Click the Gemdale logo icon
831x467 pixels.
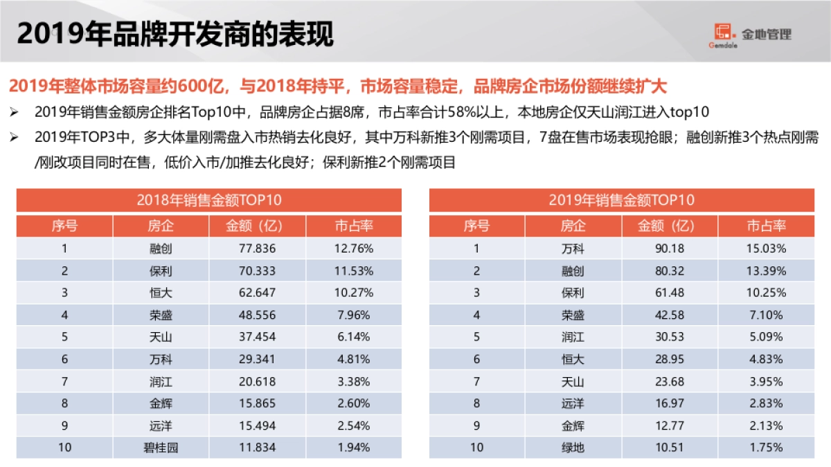pos(723,33)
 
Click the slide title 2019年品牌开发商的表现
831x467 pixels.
pos(175,33)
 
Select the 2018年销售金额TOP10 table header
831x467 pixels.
pos(209,201)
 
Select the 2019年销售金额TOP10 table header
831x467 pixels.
pos(621,201)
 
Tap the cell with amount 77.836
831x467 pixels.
pos(257,248)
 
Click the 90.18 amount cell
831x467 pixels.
pos(670,248)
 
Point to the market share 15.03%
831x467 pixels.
pos(766,248)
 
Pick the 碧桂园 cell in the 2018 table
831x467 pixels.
pos(161,448)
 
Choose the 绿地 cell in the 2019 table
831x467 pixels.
pos(573,448)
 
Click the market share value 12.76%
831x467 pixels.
pos(354,248)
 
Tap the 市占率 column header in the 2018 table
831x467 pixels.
pos(354,226)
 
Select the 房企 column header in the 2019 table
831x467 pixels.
pos(573,226)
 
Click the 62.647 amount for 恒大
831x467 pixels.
pos(257,293)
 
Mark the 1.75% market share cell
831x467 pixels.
pos(766,448)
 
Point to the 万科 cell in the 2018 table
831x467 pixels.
pos(161,359)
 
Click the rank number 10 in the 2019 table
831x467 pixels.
pos(476,448)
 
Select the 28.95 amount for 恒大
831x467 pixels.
pos(670,359)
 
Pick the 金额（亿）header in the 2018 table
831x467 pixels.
pos(257,226)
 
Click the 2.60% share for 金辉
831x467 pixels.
pos(354,403)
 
